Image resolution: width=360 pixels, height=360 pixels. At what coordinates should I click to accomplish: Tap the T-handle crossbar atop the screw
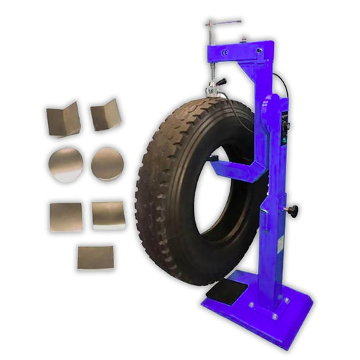222,22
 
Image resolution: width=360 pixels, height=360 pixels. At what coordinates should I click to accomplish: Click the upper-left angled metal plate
63,119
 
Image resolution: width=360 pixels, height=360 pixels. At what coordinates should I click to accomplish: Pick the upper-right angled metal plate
106,114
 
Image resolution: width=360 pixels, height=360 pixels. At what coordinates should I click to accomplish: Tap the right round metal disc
107,163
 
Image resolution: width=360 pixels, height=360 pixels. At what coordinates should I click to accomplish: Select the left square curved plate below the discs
66,216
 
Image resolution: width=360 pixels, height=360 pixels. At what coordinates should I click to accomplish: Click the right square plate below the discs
108,214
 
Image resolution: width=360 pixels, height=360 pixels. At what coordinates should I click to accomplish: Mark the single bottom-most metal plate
95,257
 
